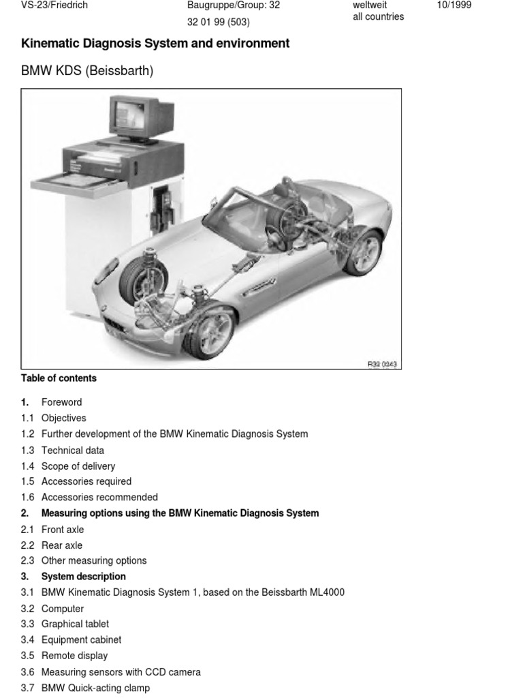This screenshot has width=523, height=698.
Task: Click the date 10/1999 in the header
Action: [454, 5]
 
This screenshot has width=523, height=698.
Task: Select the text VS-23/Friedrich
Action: [54, 5]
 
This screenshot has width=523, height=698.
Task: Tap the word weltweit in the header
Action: [370, 5]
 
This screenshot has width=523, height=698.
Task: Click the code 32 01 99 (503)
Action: [218, 22]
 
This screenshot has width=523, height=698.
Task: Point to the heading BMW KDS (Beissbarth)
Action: [87, 70]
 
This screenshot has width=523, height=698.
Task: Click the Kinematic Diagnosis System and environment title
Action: [155, 44]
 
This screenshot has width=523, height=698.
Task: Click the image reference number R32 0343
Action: [382, 364]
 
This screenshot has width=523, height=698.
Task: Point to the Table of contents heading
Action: [59, 378]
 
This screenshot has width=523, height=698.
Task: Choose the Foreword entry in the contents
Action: [61, 402]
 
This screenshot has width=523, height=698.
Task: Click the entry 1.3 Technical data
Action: [72, 450]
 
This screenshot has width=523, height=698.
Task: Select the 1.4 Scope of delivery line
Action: [78, 466]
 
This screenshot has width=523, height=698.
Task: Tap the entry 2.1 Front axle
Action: [62, 529]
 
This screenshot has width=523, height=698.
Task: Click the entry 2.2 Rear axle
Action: [61, 545]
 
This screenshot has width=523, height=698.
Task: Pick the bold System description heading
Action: [83, 577]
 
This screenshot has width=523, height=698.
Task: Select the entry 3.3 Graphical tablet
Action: [75, 624]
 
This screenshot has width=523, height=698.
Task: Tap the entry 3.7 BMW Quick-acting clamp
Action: [95, 688]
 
